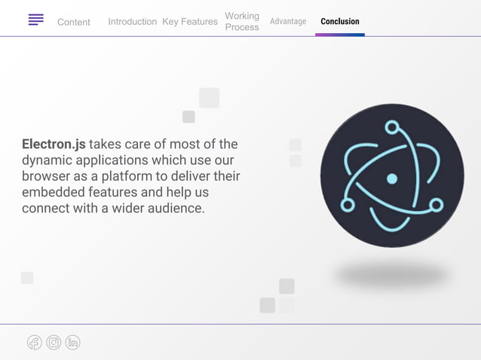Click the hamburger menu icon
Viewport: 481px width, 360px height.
click(35, 20)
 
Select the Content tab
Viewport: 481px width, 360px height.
click(74, 22)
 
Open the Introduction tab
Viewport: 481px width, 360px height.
click(132, 22)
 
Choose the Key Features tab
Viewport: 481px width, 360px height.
click(190, 22)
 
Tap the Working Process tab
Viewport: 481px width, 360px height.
click(242, 21)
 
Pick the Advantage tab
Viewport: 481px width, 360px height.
click(288, 21)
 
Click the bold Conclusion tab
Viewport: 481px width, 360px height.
click(340, 21)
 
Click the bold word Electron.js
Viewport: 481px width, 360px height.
click(54, 144)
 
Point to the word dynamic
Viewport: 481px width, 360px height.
click(45, 160)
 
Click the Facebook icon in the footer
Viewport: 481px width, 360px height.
click(35, 343)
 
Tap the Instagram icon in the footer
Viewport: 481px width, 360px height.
click(54, 343)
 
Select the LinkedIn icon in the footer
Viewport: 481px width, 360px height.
click(72, 343)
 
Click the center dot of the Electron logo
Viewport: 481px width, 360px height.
click(391, 178)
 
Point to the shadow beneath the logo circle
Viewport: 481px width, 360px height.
click(391, 274)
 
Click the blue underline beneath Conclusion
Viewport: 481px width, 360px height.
click(340, 35)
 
